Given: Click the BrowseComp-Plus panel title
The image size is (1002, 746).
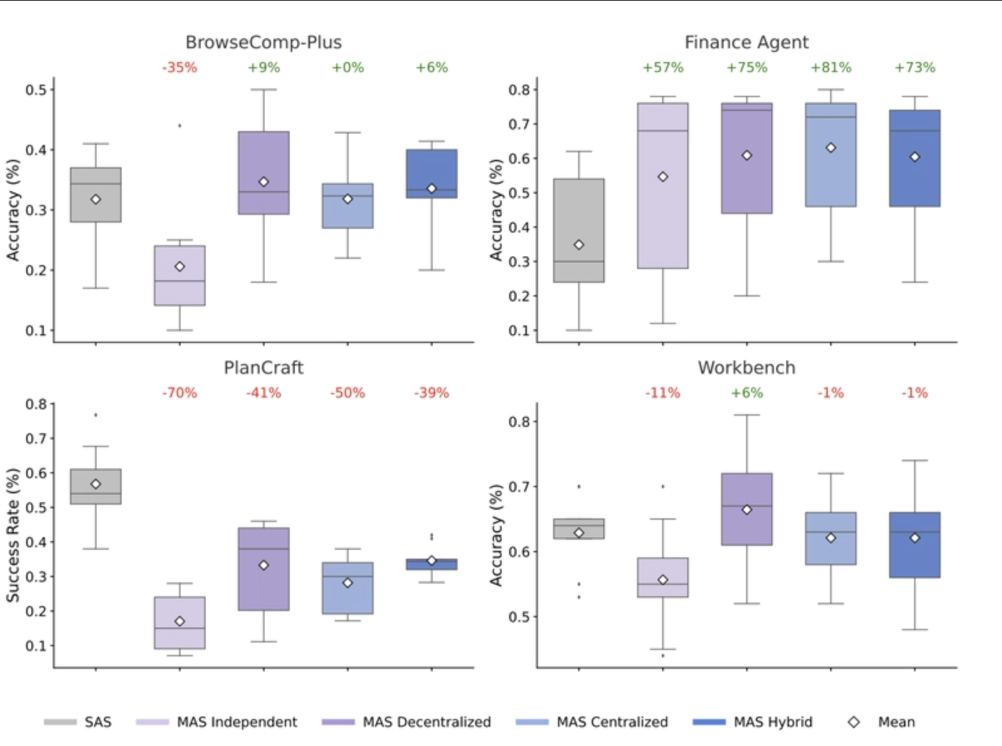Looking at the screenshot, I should click(x=263, y=42).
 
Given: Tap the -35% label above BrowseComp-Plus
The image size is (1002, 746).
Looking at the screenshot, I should click(x=179, y=68).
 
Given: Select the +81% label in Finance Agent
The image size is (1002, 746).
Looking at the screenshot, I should click(x=831, y=68).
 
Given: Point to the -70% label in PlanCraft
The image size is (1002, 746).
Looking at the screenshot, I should click(x=179, y=393).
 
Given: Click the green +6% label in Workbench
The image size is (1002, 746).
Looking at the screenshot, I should click(x=747, y=393).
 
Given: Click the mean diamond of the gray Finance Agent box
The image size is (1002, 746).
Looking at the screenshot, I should click(x=579, y=245).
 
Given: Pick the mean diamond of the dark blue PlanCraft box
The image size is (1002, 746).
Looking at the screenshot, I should click(x=431, y=560).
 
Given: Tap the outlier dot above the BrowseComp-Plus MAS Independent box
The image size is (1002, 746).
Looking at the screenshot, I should click(x=180, y=125).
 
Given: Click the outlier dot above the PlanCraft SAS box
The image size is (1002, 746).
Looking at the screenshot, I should click(x=96, y=415).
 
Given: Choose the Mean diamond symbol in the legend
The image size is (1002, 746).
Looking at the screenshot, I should click(x=853, y=722).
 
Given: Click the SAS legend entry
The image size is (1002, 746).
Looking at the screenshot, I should click(x=78, y=722).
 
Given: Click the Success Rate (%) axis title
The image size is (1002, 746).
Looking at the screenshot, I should click(x=13, y=535).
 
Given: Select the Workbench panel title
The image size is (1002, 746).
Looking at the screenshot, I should click(x=746, y=367).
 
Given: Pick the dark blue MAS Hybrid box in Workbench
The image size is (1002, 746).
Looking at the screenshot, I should click(x=914, y=558).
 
